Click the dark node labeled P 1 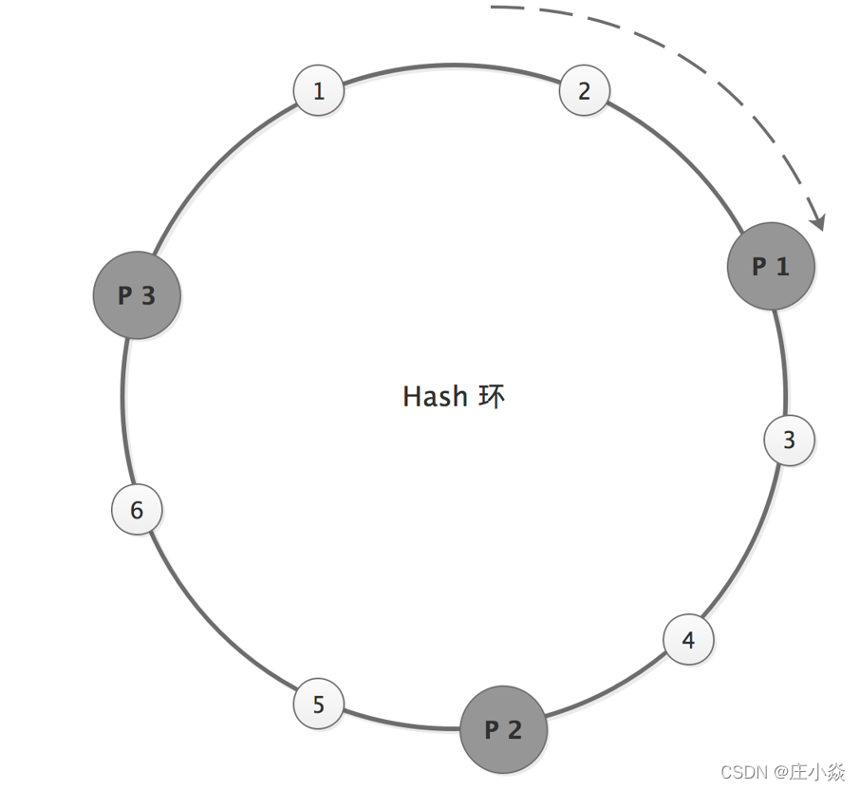coord(771,267)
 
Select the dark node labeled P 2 coord(503,729)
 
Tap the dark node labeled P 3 coord(137,295)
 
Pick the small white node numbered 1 coord(318,91)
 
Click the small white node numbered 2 coord(584,91)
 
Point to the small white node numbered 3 coord(789,440)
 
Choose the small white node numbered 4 coord(688,640)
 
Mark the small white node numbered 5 coord(318,705)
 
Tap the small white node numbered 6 coord(137,510)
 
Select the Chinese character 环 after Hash coord(492,396)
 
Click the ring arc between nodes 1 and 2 coord(451,65)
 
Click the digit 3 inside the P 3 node coord(148,295)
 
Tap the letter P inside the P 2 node coord(492,729)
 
